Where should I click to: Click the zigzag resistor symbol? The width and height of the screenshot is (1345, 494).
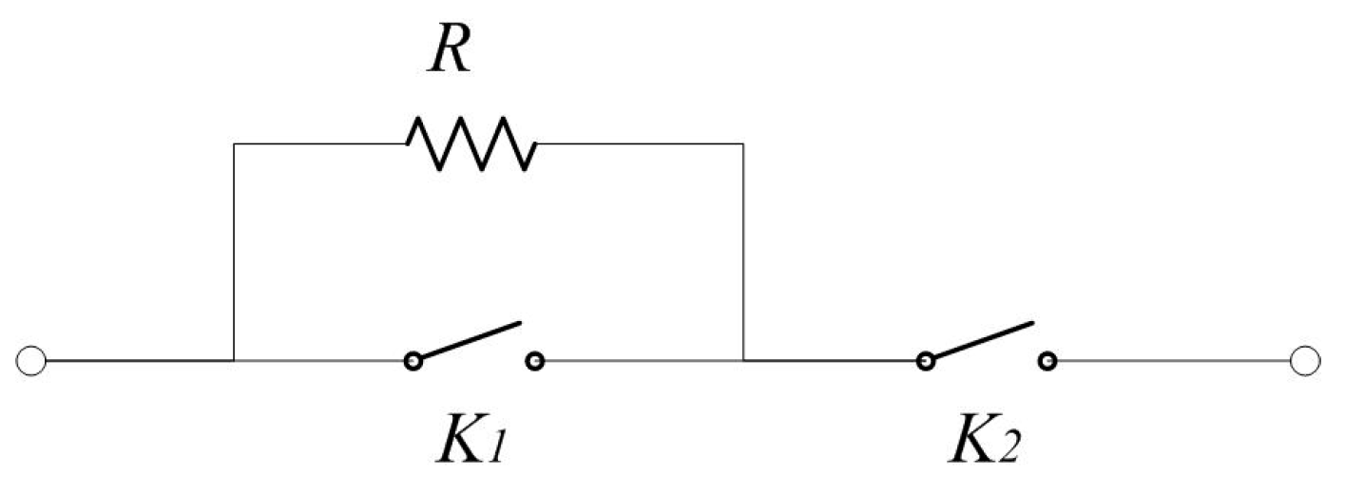pos(471,143)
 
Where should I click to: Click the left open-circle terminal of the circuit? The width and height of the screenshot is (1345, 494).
pos(30,361)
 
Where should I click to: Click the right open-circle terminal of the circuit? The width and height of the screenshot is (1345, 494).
pos(1306,361)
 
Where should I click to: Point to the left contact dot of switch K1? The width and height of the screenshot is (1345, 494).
pos(413,361)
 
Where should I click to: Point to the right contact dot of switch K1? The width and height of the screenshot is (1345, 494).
pos(535,361)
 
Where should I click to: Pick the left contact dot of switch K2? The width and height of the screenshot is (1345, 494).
pos(924,361)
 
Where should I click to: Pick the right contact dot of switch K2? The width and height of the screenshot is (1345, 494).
pos(1047,361)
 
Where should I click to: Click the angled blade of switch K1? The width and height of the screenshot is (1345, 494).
pos(471,340)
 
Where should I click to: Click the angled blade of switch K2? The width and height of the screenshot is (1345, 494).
pos(982,340)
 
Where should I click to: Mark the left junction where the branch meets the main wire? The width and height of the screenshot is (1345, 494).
pos(234,361)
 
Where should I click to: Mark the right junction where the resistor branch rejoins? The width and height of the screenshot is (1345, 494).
pos(743,361)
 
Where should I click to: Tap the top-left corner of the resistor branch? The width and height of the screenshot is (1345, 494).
pos(234,144)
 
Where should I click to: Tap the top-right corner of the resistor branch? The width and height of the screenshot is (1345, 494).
pos(743,144)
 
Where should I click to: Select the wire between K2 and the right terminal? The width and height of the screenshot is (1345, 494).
pos(1174,361)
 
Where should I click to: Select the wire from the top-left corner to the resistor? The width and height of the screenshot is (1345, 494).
pos(319,144)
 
